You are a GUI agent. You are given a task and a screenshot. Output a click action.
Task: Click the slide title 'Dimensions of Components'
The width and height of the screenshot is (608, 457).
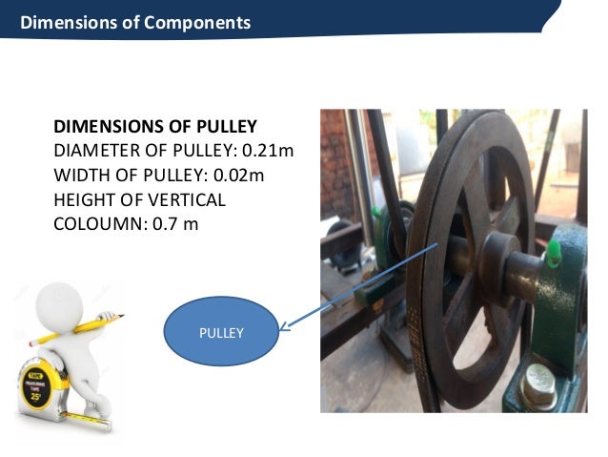pyautogui.click(x=135, y=22)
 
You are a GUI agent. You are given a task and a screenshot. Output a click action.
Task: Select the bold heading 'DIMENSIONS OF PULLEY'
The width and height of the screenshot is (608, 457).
pyautogui.click(x=155, y=127)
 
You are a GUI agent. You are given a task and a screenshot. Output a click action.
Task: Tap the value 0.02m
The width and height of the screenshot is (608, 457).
pyautogui.click(x=237, y=176)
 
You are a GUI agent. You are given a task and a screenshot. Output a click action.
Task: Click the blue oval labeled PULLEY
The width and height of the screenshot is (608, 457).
pyautogui.click(x=221, y=333)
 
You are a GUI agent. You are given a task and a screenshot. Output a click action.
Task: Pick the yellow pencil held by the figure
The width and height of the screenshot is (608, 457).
pyautogui.click(x=76, y=329)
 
